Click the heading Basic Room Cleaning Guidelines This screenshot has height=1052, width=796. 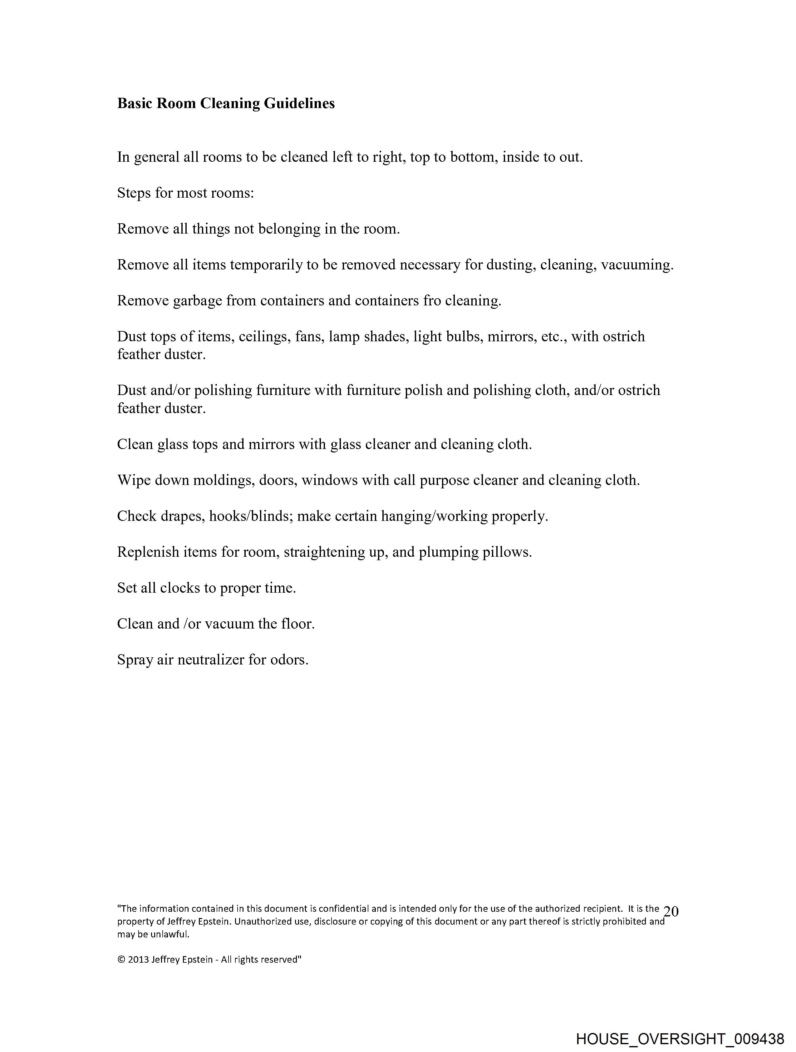226,103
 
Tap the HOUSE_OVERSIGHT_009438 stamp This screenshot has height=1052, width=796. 680,1038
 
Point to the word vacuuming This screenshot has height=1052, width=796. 637,265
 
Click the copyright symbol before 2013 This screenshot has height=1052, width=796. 121,960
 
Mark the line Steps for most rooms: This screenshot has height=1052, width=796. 185,193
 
